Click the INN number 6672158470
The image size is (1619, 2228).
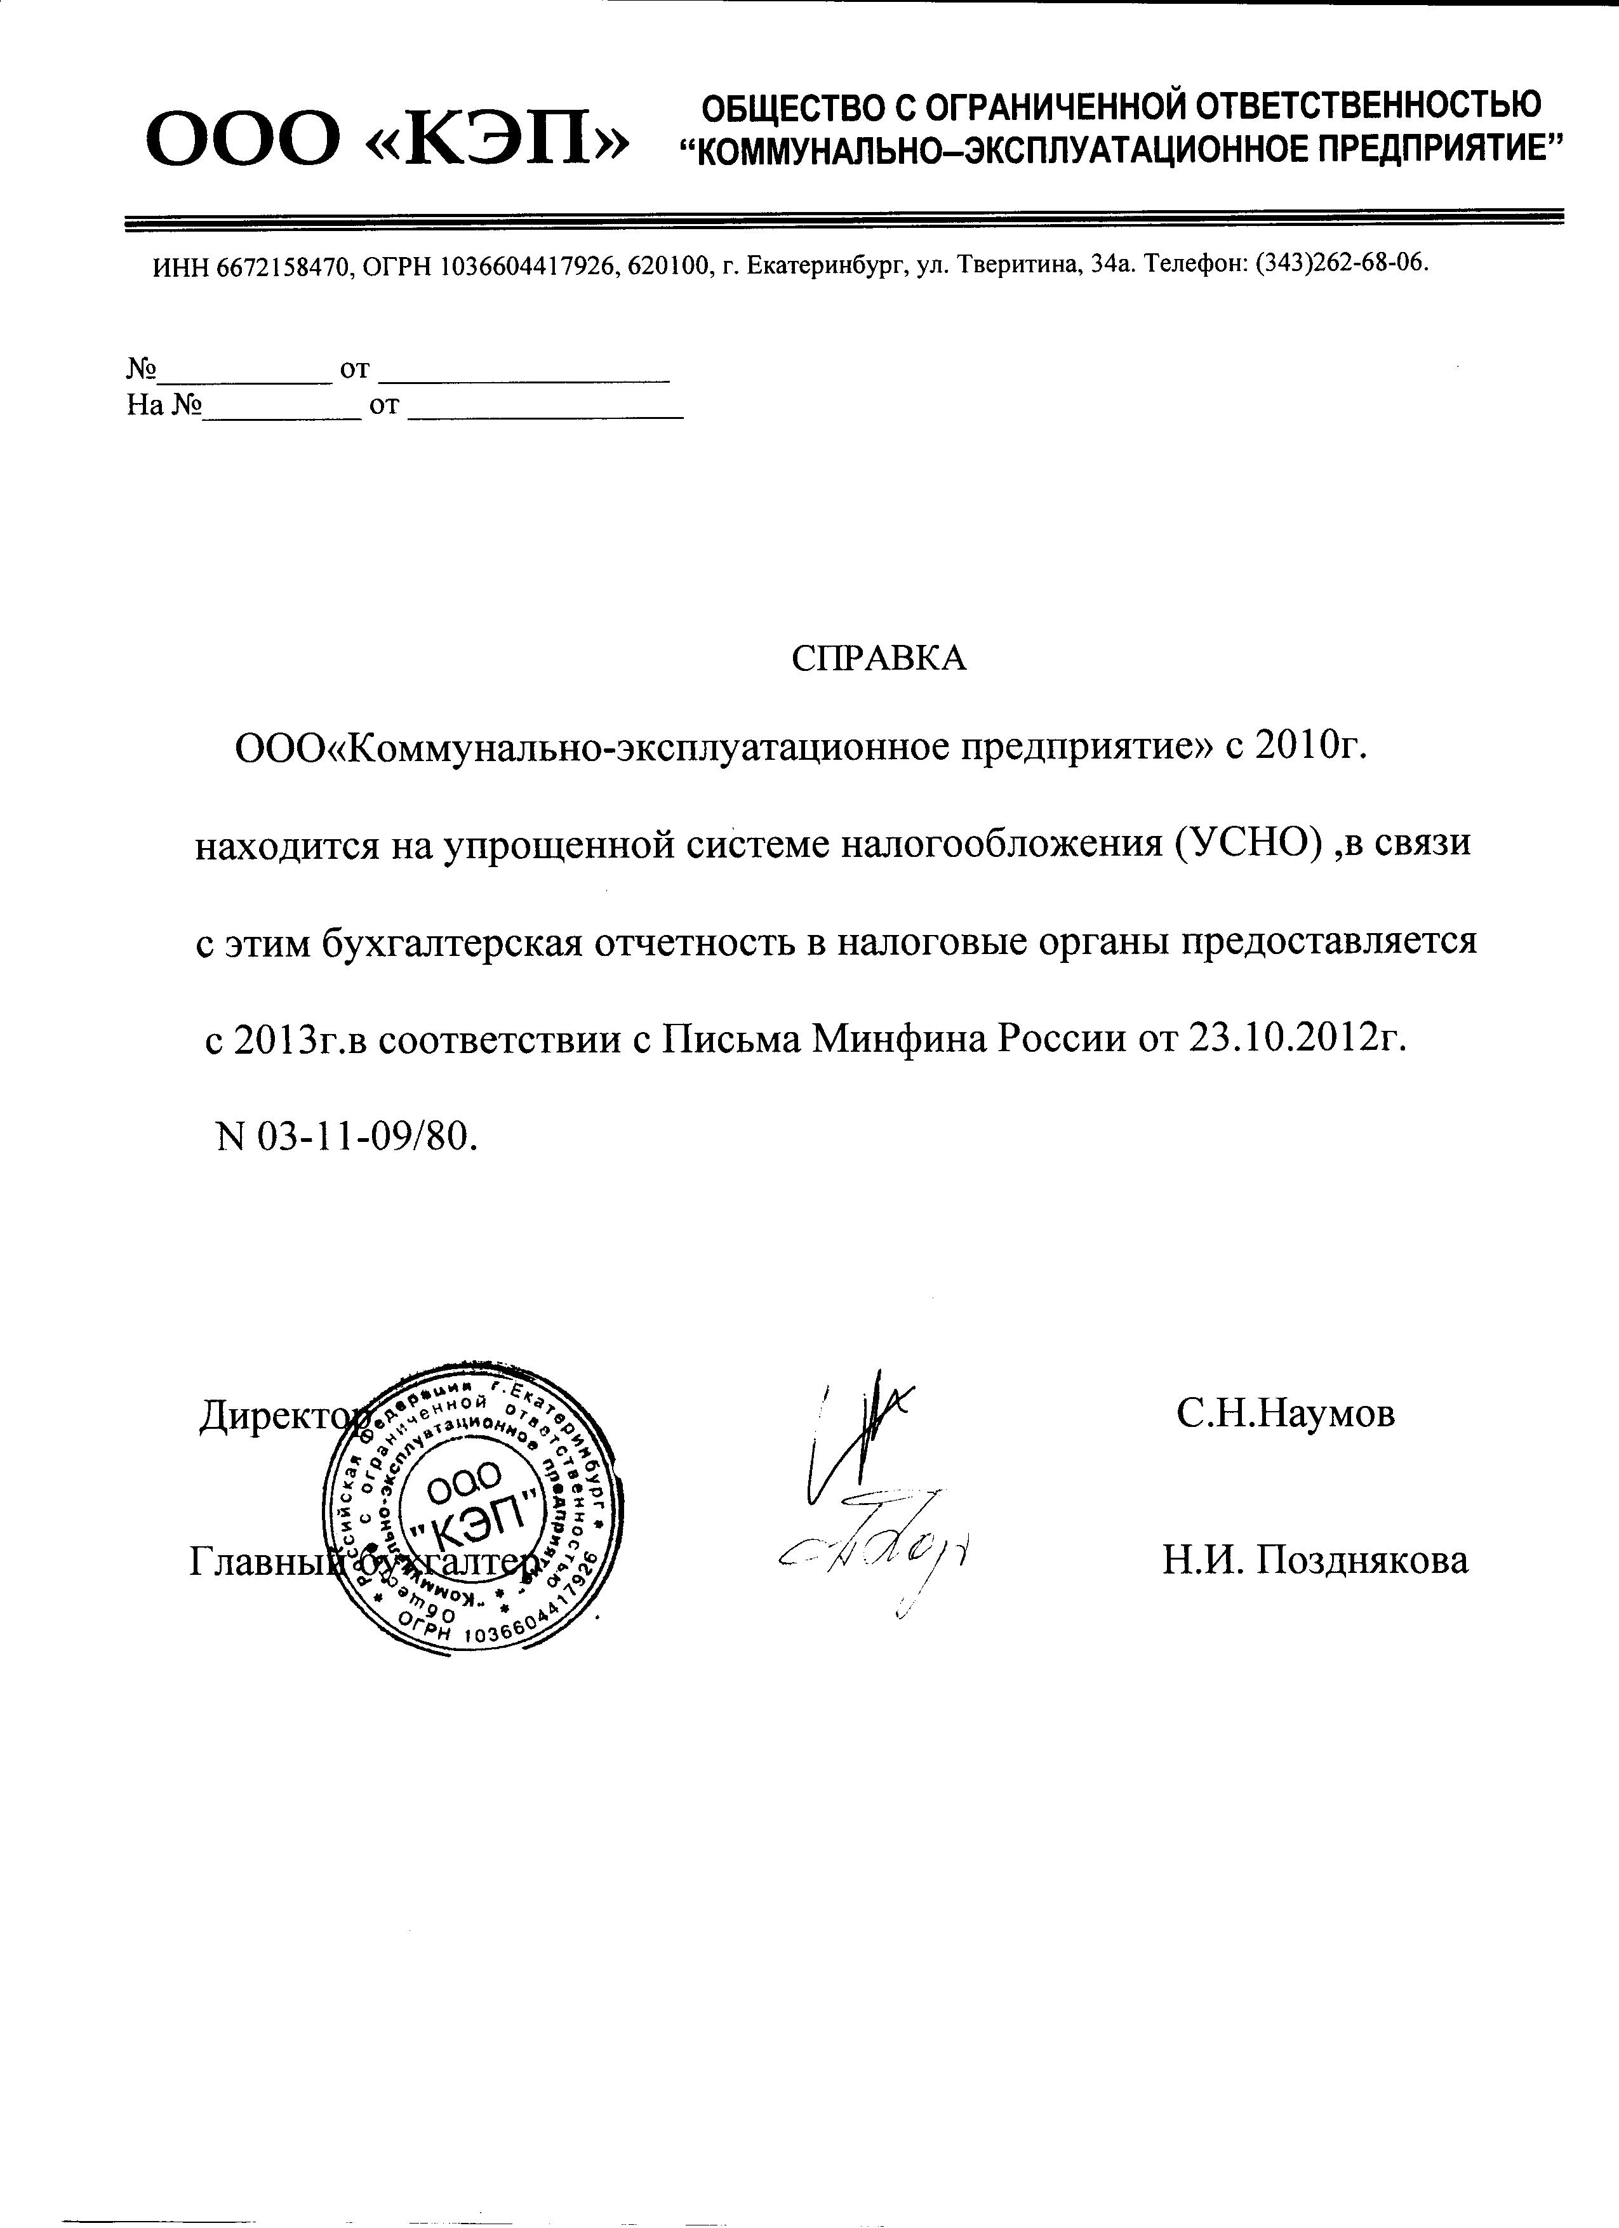click(x=272, y=266)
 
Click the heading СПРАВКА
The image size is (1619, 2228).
click(x=879, y=659)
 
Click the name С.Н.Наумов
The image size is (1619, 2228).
click(x=1285, y=1415)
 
